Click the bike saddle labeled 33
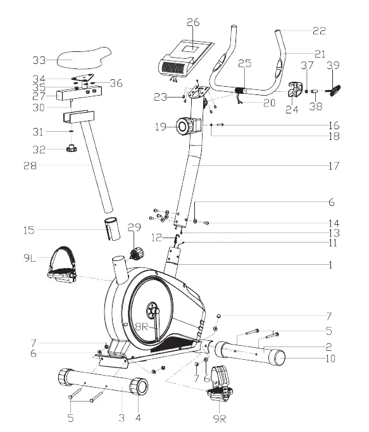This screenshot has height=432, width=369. [84, 58]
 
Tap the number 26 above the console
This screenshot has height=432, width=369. [193, 22]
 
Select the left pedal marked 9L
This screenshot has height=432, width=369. [63, 265]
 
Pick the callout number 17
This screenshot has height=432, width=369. [334, 166]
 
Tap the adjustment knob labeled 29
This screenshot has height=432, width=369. [137, 253]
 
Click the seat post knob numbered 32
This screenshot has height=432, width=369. [72, 148]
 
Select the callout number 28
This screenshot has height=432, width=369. [30, 166]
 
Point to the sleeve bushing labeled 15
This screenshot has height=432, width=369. [113, 229]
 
